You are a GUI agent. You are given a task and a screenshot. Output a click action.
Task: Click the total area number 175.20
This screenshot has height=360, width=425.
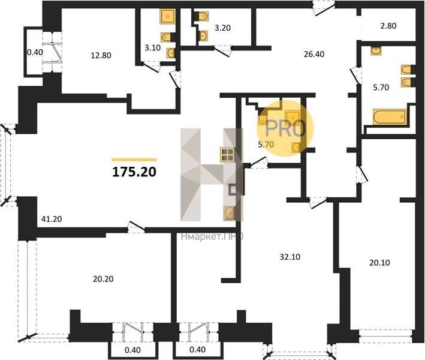(134, 172)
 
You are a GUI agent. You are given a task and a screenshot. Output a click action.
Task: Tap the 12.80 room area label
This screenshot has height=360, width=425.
(101, 55)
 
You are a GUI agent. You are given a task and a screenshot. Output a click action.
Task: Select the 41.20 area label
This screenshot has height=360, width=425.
(52, 218)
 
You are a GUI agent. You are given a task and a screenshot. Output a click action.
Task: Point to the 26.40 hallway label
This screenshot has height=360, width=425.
(314, 54)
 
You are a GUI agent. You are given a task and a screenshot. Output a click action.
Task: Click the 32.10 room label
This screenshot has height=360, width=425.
(290, 257)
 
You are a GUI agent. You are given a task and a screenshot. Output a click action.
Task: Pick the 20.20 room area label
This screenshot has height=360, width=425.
(103, 279)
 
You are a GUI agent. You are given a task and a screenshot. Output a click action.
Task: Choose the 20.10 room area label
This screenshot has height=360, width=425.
(379, 263)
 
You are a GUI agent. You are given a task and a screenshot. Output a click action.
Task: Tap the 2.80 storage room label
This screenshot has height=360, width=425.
(388, 26)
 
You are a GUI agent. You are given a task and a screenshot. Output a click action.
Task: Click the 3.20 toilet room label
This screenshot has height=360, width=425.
(222, 28)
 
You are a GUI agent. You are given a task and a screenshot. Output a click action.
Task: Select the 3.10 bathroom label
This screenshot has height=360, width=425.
(153, 48)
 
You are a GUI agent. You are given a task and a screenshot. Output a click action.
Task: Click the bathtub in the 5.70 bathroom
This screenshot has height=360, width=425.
(389, 117)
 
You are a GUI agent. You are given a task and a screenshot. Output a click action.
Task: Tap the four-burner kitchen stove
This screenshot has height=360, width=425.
(227, 155)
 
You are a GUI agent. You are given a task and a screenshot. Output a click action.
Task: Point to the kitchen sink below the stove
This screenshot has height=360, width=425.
(230, 213)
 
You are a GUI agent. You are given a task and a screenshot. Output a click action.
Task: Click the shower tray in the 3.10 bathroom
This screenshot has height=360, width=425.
(168, 16)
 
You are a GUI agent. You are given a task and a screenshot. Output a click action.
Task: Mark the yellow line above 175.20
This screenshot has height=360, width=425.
(134, 160)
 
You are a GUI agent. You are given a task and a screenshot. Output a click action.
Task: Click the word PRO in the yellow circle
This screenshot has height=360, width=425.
(286, 128)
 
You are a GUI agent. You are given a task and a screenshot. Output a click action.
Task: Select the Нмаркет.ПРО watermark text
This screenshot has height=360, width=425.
(212, 237)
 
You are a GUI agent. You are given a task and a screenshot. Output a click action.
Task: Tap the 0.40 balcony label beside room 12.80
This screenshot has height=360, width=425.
(35, 52)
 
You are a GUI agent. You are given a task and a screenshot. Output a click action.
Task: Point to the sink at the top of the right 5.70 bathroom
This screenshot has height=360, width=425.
(376, 51)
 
